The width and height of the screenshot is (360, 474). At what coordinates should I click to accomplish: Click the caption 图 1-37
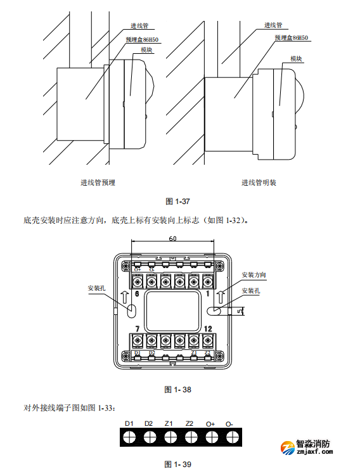[177, 201]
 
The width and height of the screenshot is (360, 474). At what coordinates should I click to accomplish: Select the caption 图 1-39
[177, 464]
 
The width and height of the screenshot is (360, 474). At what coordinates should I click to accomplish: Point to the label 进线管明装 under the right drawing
[259, 183]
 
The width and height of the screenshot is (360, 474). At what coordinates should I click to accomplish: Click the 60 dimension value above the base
[172, 239]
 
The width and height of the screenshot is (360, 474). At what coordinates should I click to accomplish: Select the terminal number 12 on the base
[208, 329]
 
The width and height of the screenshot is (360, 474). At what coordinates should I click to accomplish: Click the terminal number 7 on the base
[137, 329]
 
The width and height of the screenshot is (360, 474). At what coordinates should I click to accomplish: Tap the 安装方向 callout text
[254, 276]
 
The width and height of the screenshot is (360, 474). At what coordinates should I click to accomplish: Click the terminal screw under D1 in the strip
[129, 437]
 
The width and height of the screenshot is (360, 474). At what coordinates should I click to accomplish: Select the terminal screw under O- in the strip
[231, 437]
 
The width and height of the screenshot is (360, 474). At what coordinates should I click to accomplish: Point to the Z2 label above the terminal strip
[190, 423]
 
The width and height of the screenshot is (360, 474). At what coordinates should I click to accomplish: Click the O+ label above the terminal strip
[210, 423]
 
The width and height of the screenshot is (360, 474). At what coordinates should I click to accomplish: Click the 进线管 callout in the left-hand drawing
[139, 26]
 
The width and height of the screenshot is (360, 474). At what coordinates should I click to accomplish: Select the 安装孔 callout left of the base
[97, 287]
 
